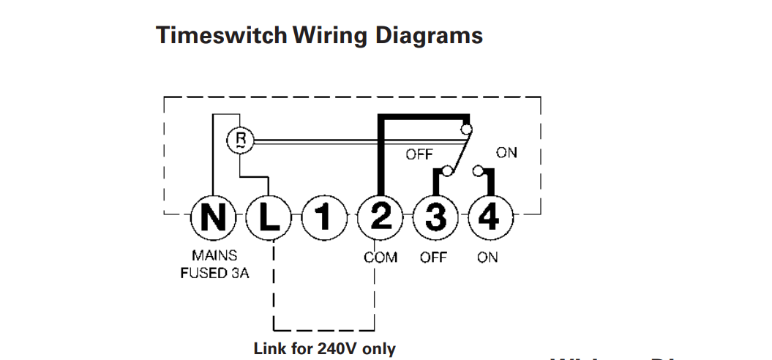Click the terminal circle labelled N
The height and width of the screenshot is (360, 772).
213,217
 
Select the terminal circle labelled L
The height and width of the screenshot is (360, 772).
268,217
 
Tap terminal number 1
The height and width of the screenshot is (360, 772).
323,217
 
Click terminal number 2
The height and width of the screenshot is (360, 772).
379,217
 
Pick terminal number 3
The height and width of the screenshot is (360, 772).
435,217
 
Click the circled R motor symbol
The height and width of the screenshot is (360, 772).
239,141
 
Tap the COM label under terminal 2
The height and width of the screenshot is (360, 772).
380,258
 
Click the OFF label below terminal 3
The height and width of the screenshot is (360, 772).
433,258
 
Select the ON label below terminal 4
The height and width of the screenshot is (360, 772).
487,258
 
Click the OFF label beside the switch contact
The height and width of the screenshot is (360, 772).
419,154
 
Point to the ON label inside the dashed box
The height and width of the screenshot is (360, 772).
506,153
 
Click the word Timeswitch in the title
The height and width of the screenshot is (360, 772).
221,35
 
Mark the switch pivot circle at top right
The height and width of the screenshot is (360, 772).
466,130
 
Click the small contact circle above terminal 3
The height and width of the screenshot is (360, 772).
447,173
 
